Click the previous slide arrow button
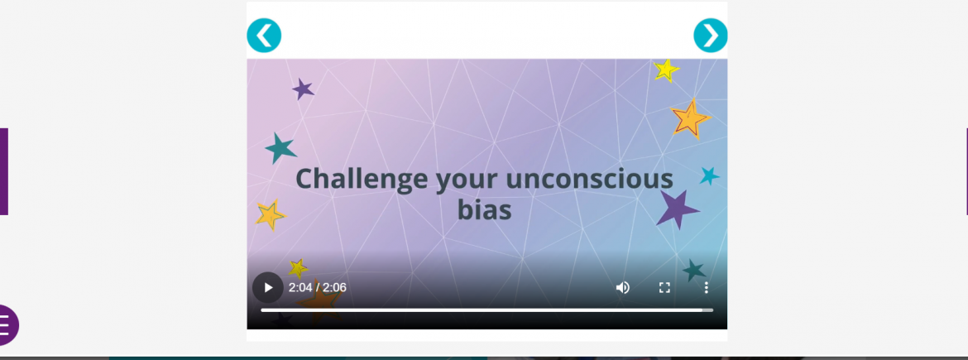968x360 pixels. pos(264,36)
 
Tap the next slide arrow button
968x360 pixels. pos(711,36)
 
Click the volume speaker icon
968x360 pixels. pos(622,288)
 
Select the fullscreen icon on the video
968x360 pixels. pos(664,288)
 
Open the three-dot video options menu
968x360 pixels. pos(707,288)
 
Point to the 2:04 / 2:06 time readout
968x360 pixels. pos(318,288)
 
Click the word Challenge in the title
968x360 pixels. pos(362,180)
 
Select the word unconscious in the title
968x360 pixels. pos(589,179)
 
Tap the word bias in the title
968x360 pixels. pos(485,210)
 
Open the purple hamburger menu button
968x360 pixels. pos(6,324)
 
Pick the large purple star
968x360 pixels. pos(678,209)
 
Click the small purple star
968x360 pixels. pos(303,89)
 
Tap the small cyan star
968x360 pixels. pos(709,176)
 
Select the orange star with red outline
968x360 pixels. pos(689,118)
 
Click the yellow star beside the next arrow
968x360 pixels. pos(666,70)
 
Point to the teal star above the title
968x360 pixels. pos(281,148)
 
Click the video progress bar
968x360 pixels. pos(487,310)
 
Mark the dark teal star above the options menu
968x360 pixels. pos(694,270)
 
